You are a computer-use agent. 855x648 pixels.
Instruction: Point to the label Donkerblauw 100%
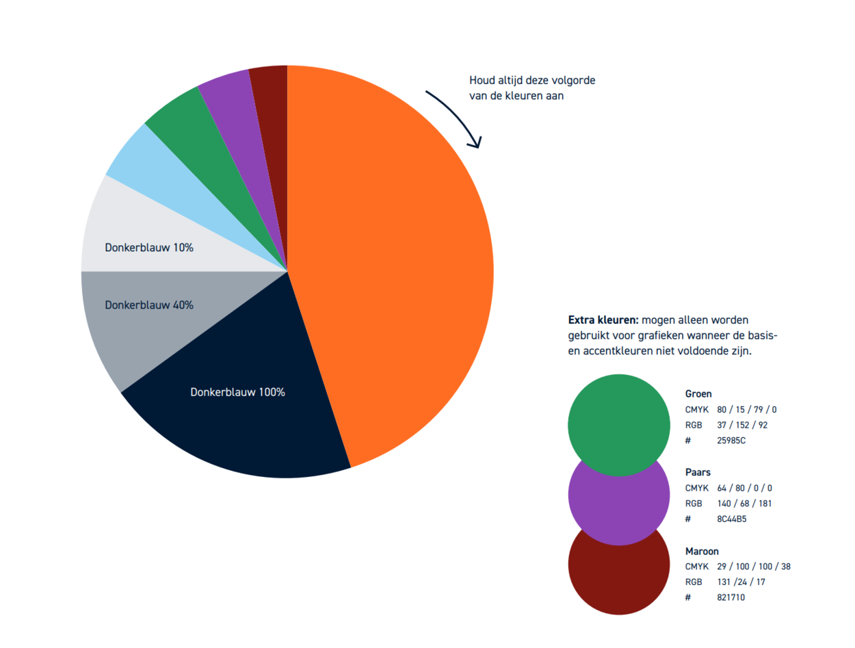(237, 393)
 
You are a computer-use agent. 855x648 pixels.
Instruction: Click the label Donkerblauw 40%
(149, 305)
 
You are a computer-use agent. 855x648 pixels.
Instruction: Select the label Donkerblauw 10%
(149, 248)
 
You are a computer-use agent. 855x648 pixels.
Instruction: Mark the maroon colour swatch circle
(618, 582)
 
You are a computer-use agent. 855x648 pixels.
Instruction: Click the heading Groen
(698, 394)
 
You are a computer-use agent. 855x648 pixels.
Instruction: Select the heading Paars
(698, 472)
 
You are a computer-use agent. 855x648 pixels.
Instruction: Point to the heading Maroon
(702, 551)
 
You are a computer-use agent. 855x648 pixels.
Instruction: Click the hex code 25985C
(731, 441)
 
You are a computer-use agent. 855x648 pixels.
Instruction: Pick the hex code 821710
(731, 597)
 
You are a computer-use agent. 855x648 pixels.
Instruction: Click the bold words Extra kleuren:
(603, 320)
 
